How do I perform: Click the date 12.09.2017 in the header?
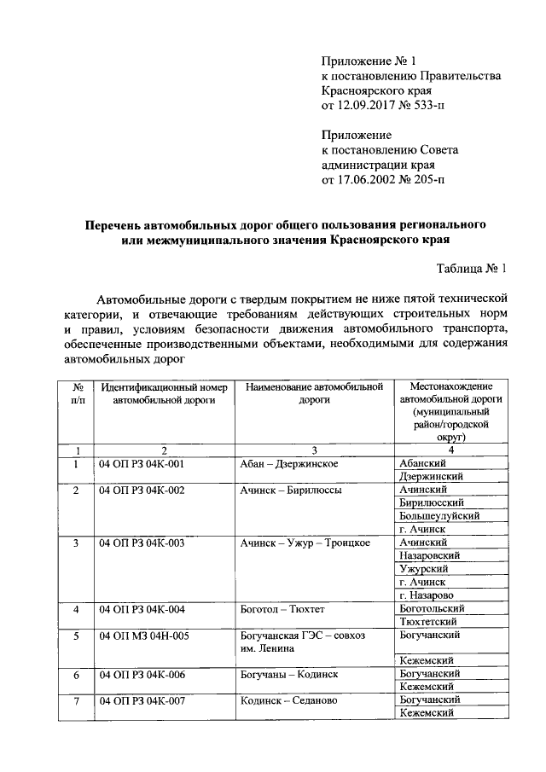(369, 106)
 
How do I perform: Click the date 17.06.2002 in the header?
(369, 180)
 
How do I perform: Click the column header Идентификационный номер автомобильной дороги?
(164, 394)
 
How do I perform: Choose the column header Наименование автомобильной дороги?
(314, 394)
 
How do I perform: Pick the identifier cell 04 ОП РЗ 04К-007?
(142, 700)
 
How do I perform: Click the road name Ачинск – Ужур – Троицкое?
(305, 543)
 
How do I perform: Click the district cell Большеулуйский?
(439, 516)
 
